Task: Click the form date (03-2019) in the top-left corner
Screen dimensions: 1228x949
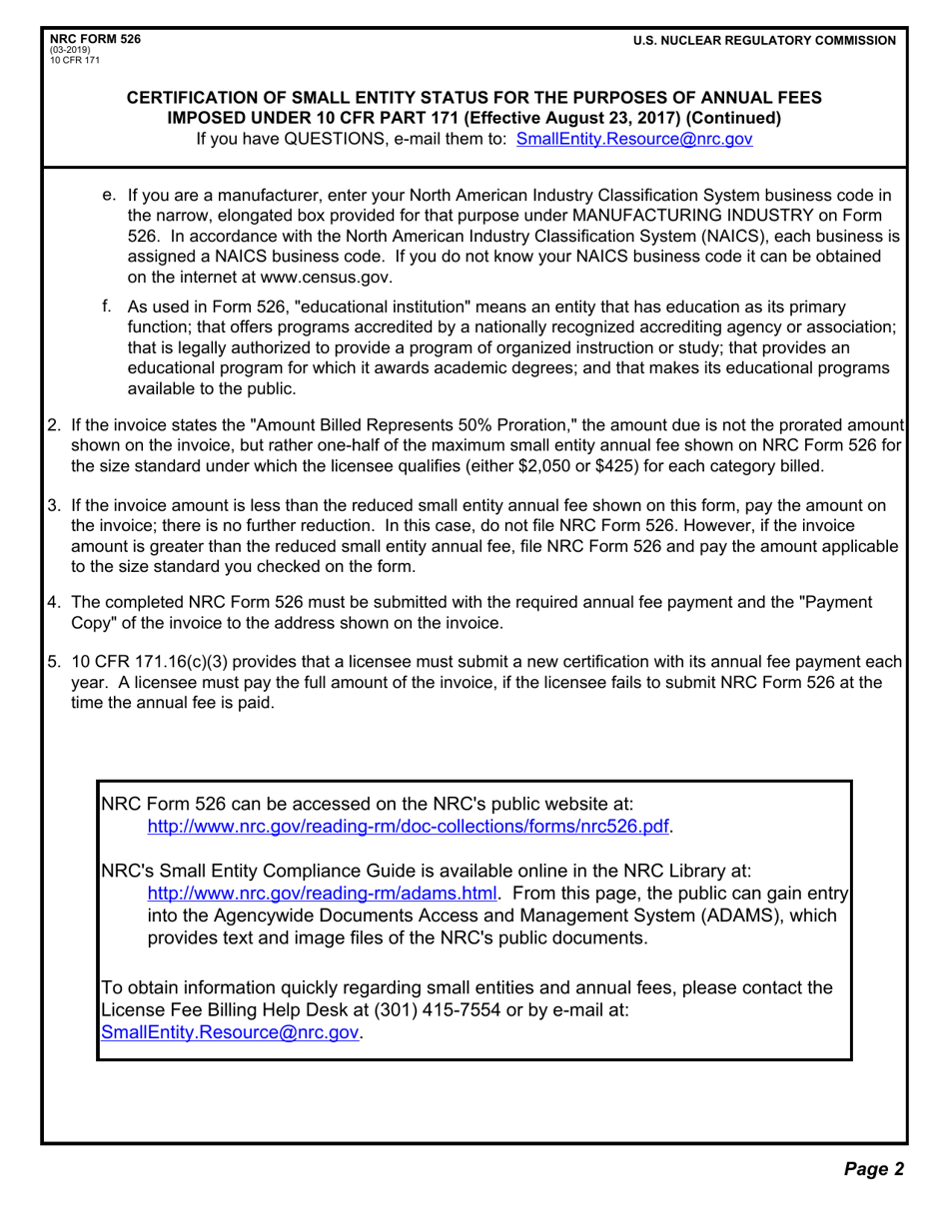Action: click(69, 49)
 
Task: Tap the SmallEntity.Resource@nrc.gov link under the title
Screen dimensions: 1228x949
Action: click(633, 139)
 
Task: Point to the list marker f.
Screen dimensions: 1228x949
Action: click(107, 305)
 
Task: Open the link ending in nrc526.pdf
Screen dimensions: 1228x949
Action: click(409, 826)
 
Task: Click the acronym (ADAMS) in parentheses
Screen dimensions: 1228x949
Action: click(737, 916)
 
